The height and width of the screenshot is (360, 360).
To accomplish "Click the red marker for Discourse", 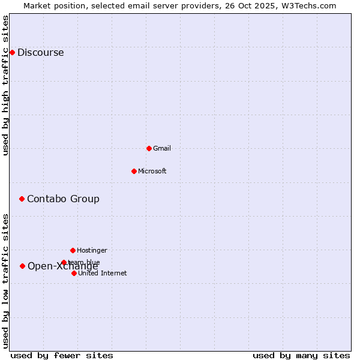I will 12,52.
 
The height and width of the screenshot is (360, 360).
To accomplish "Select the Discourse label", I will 41,53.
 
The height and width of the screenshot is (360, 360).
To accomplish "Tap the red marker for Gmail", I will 149,148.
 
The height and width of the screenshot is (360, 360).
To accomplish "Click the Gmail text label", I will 162,149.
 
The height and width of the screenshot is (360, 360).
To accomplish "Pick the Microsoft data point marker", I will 134,171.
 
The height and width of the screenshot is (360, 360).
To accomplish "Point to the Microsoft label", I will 152,172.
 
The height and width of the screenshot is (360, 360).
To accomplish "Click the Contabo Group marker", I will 22,199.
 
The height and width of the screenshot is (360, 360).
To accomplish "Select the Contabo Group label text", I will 63,199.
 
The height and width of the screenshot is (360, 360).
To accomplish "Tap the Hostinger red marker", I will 73,250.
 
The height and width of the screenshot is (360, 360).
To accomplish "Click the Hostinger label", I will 92,251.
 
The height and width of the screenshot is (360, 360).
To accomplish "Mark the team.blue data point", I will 64,262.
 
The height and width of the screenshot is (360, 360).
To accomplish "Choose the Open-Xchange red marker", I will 22,266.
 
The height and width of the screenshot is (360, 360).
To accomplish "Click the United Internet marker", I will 74,273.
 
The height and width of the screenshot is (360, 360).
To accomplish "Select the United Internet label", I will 103,274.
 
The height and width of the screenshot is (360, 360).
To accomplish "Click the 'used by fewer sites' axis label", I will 62,356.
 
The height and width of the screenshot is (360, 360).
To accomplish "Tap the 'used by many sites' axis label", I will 301,356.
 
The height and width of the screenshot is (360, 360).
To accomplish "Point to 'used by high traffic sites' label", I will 6,85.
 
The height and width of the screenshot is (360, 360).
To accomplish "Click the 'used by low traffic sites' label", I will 6,281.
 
